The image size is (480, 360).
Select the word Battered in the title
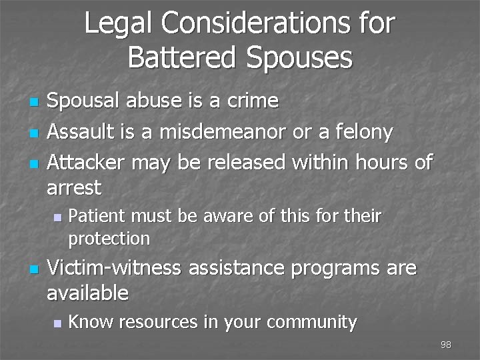pyautogui.click(x=181, y=57)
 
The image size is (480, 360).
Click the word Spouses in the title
pyautogui.click(x=297, y=59)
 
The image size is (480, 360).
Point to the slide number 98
pyautogui.click(x=446, y=345)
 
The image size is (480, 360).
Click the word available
pyautogui.click(x=87, y=292)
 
